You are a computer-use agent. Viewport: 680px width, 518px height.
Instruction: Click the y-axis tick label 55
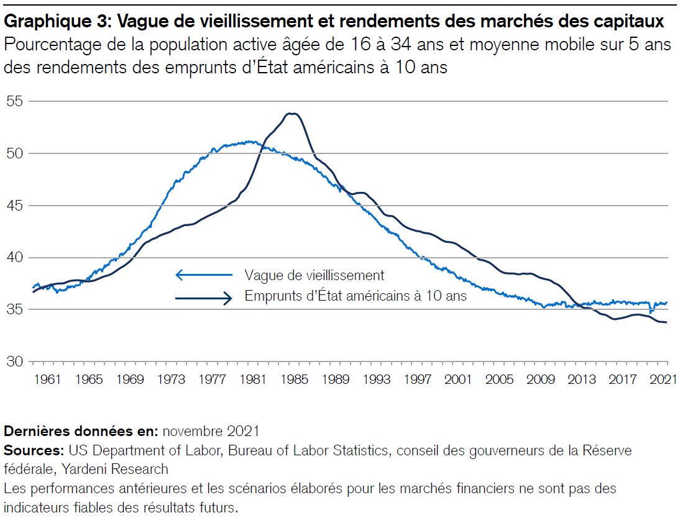[15, 101]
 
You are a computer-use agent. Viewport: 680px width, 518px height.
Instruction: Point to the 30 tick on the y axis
[15, 361]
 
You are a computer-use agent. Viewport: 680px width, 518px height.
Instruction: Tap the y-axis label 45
[15, 206]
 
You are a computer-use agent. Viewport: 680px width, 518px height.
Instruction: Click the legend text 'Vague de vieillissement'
[314, 275]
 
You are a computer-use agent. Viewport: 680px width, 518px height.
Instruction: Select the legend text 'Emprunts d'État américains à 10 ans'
[355, 296]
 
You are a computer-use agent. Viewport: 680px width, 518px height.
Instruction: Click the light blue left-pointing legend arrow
[204, 275]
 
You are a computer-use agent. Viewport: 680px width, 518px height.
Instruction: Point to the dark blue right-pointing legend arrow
[204, 298]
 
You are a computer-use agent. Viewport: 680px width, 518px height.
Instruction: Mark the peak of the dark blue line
[291, 114]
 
